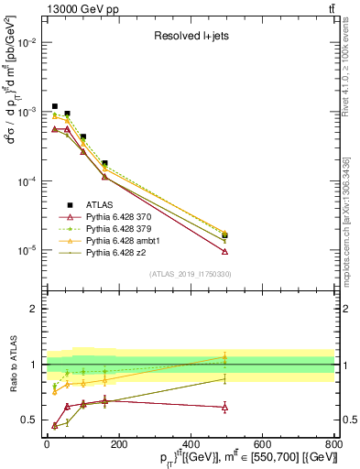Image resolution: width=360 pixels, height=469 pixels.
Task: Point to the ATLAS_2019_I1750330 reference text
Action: tap(191, 274)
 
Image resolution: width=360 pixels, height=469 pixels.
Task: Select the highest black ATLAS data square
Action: tap(55, 106)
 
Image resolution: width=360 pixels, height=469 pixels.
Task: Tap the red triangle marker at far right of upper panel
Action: tap(224, 251)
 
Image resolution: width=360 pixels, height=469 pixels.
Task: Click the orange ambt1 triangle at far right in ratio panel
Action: tap(224, 357)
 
